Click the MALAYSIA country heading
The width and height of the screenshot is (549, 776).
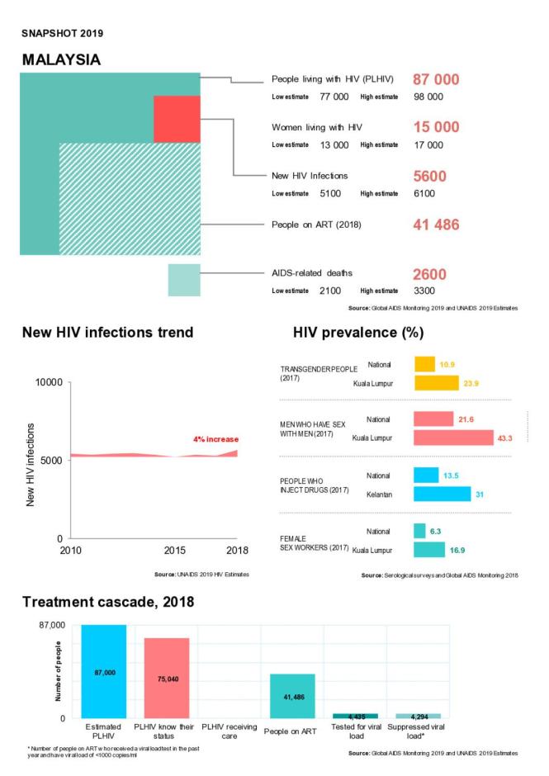[61, 60]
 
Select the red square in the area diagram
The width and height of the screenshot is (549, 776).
[177, 119]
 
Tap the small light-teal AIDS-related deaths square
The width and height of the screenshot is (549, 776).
[183, 279]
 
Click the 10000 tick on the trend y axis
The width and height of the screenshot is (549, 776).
[49, 383]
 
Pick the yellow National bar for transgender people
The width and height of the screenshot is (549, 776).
[424, 364]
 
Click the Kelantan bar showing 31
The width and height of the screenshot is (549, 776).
[442, 494]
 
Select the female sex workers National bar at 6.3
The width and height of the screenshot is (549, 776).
[419, 531]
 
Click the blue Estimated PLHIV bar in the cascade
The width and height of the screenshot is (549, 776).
[104, 671]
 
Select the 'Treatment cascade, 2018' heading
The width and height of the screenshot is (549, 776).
[108, 603]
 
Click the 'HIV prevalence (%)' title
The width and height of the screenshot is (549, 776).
[358, 333]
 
